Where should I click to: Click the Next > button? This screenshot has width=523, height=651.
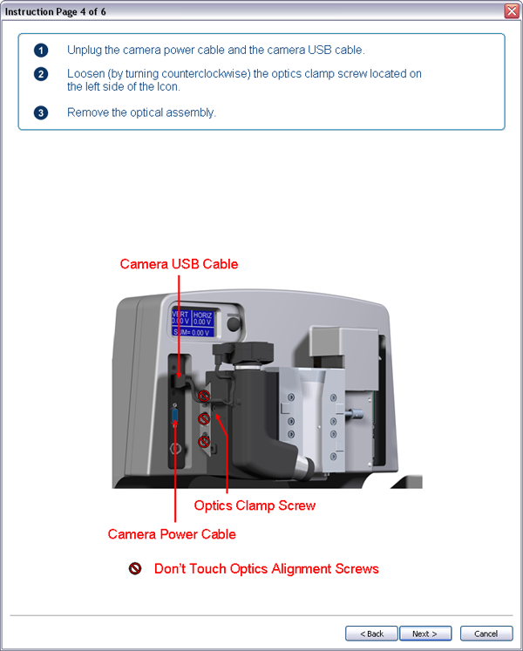click(425, 634)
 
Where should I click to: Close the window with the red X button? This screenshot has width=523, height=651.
click(512, 10)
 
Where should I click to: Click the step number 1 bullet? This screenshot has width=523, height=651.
click(41, 50)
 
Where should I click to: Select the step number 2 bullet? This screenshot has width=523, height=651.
click(41, 74)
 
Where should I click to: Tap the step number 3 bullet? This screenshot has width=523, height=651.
click(41, 112)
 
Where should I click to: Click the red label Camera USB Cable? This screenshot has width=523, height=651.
click(179, 264)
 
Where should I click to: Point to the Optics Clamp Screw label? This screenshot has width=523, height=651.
click(255, 505)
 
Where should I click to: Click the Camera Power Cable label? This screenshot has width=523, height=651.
click(172, 533)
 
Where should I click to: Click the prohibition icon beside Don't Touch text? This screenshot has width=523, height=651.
click(135, 569)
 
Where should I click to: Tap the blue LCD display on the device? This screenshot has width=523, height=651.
click(193, 322)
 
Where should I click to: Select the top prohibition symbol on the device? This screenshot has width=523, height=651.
click(204, 397)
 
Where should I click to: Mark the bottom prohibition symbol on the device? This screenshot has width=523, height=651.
click(204, 442)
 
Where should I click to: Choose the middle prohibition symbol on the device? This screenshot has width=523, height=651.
click(204, 419)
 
